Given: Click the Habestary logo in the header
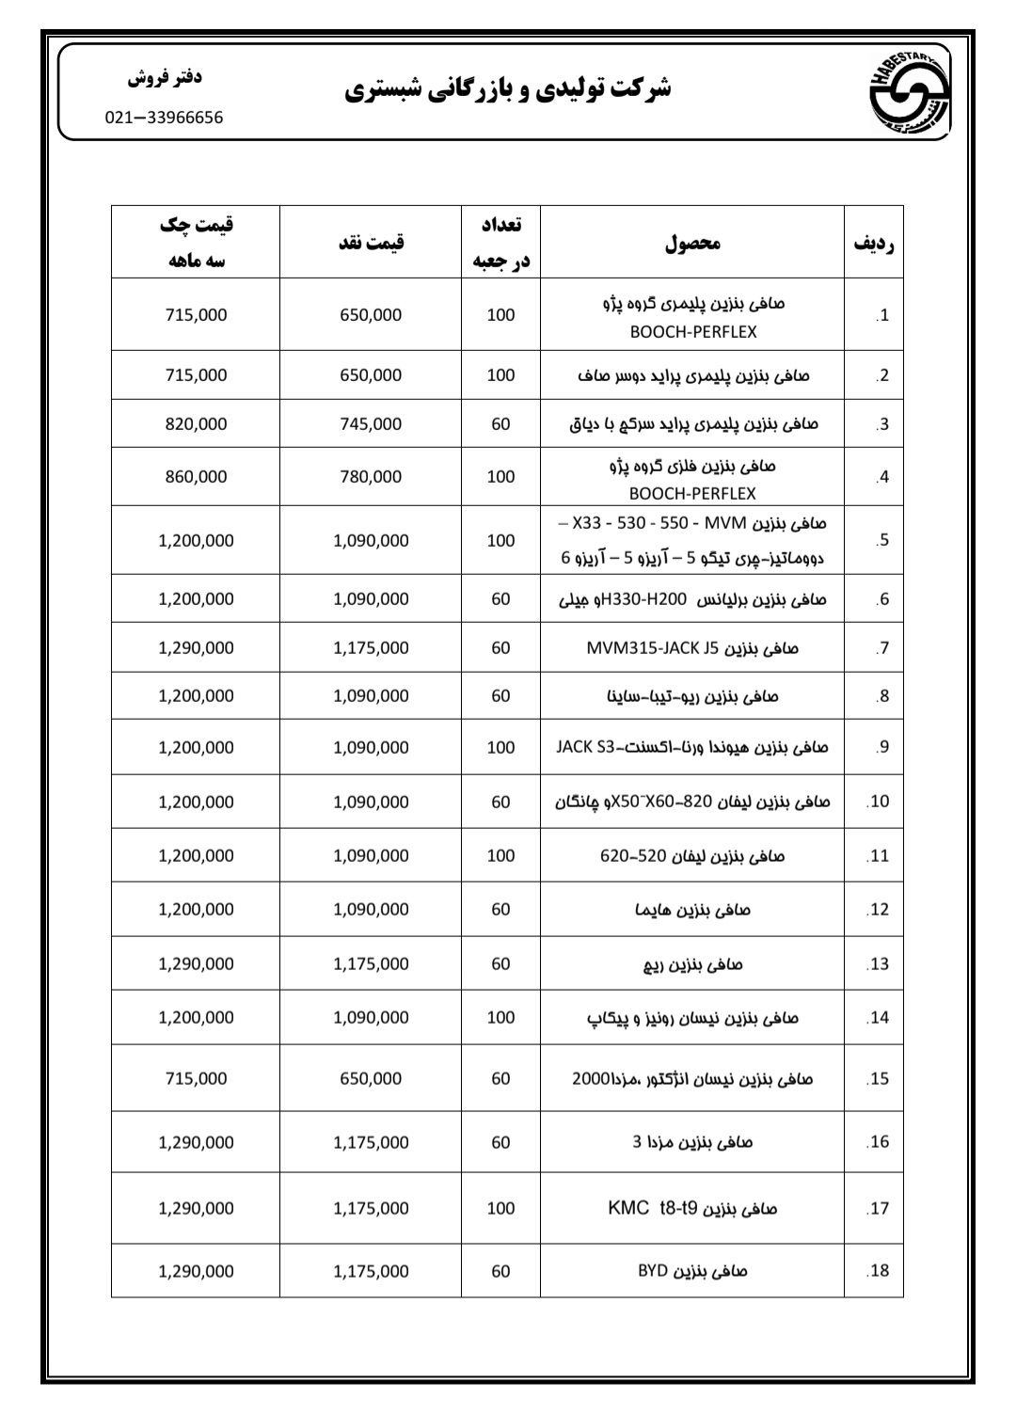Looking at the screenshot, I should (x=908, y=92).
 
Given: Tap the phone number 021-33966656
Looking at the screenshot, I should (x=164, y=118).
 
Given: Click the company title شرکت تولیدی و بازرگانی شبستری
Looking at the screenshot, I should (x=507, y=90).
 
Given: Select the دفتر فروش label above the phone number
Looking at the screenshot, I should (x=165, y=77).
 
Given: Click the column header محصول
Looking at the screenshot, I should (x=692, y=243).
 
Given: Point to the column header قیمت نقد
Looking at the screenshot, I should (x=371, y=243).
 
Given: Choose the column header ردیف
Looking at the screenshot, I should (x=873, y=244).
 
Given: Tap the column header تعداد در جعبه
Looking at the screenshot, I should (x=500, y=243).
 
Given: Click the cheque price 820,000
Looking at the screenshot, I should (x=196, y=424).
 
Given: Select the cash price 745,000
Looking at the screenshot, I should (x=371, y=424).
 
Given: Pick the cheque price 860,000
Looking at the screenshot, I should (x=196, y=477).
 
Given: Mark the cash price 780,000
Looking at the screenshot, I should (x=371, y=477).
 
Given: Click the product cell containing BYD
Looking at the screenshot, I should (x=692, y=1271).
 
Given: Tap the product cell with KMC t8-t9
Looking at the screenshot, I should (x=692, y=1208).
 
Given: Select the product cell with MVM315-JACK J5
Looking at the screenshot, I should (x=692, y=648).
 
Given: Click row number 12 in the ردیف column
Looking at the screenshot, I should (x=878, y=910).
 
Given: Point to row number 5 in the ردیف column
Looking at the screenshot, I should (x=881, y=541).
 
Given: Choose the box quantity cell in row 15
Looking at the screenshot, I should (x=500, y=1079).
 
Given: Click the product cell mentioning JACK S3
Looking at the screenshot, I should (x=692, y=748).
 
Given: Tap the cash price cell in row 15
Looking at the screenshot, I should (x=371, y=1079).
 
